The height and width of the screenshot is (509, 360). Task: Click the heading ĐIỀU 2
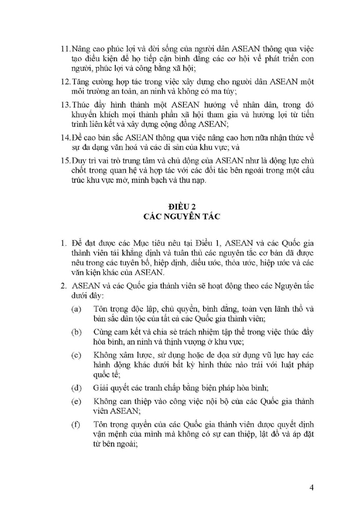(180, 206)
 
